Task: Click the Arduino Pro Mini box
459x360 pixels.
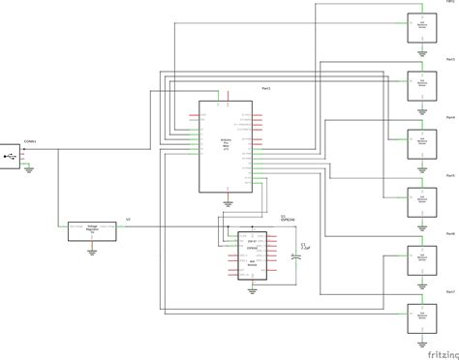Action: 227,145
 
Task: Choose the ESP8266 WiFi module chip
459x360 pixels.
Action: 251,255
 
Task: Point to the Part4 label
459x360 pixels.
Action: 449,117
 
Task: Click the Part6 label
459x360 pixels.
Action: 449,233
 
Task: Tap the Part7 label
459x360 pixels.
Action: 449,291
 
